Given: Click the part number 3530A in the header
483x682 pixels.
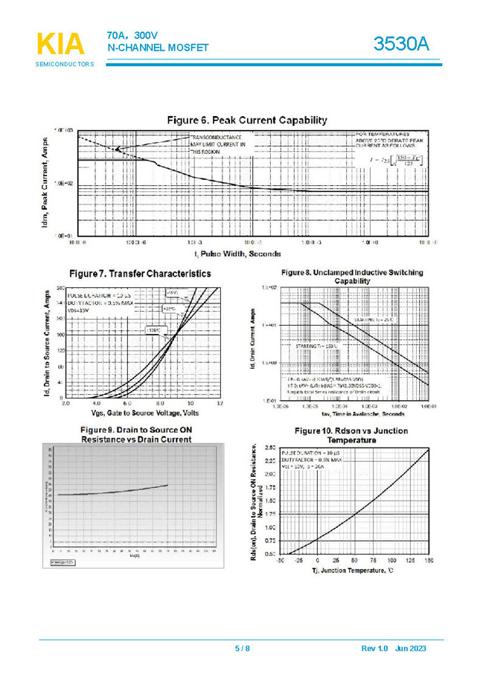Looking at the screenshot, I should point(402,44).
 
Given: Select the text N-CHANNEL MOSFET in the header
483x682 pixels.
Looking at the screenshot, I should point(158,48).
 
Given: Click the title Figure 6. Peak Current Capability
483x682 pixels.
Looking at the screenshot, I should point(246,120).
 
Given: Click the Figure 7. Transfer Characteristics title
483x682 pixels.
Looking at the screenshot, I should point(139,274).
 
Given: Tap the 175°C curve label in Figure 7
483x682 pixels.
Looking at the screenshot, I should point(153,329).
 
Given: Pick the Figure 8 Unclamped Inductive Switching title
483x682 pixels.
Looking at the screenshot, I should point(353,277).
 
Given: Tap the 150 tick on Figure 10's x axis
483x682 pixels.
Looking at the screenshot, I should point(429,560).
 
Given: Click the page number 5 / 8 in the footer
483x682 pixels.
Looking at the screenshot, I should point(243,649).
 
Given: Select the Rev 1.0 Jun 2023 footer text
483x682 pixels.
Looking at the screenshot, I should point(394,649).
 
